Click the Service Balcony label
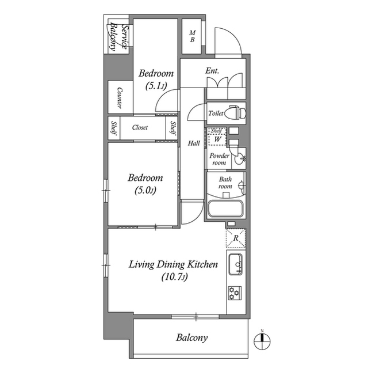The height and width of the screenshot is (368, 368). point(117,37)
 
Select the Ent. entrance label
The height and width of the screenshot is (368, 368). point(213,72)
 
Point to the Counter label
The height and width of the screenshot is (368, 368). point(119,98)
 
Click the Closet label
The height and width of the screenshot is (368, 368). point(140,128)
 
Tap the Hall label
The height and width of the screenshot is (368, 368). point(193,143)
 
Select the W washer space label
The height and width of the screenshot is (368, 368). point(217,139)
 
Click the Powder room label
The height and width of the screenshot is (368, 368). point(219,160)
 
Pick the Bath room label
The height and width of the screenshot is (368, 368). point(224,183)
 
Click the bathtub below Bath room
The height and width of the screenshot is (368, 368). point(225,208)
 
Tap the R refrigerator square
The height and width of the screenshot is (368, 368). point(235,238)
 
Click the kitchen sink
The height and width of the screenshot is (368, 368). point(235,265)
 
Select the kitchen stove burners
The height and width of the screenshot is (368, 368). point(235,293)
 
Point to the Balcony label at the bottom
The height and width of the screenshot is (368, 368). point(191,338)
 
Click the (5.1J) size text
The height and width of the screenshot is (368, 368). point(156,86)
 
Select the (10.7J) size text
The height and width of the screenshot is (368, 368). point(172,277)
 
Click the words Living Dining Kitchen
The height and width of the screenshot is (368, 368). point(172,265)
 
